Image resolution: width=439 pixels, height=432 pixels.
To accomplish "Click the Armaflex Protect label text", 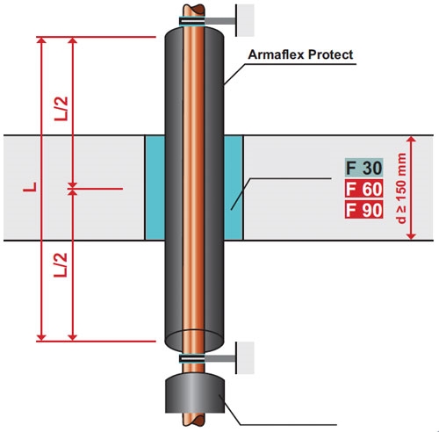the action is coord(300,54).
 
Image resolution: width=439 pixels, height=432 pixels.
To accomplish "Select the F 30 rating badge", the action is coord(363,168).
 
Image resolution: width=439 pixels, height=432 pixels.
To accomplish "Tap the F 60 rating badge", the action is coord(363,189).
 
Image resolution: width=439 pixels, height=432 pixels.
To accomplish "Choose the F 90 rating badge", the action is coord(363,210).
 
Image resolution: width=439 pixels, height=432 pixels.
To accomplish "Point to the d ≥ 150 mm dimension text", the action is coord(402,188).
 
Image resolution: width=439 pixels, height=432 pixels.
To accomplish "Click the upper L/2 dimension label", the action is coord(61,108).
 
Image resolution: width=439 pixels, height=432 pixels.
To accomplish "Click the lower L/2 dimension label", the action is coord(61,265).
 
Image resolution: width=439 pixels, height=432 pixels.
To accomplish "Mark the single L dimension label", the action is coord(30,187).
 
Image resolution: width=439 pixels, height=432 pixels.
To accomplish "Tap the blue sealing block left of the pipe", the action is coord(155,188).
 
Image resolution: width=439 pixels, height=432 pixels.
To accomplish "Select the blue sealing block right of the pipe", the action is coord(234,188).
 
